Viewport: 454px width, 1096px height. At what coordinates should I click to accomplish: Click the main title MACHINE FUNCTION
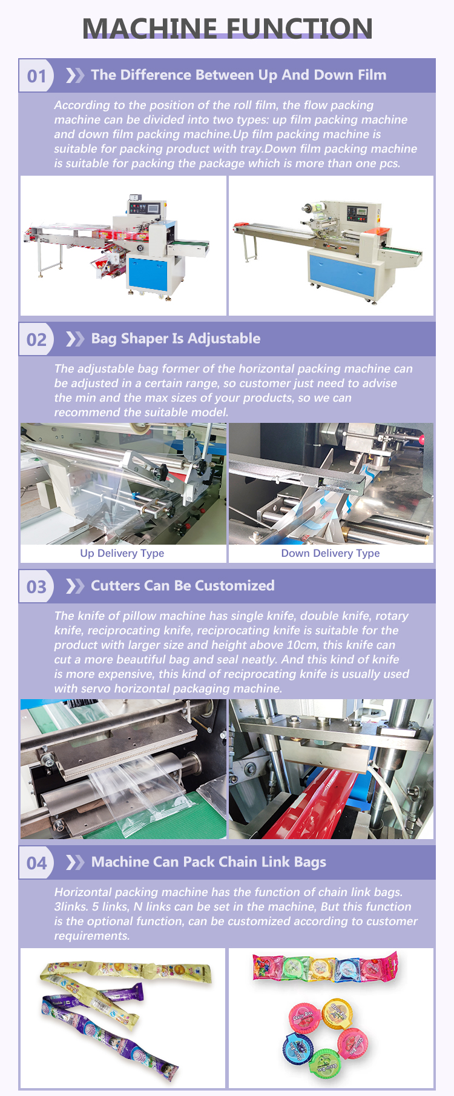pyautogui.click(x=227, y=28)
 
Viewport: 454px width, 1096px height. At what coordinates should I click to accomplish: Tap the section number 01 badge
pyautogui.click(x=36, y=76)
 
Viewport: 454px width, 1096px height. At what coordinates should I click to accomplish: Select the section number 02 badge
pyautogui.click(x=36, y=339)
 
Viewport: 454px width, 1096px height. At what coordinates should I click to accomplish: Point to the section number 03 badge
pyautogui.click(x=36, y=586)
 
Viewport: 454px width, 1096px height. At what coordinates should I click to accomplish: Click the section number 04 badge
pyautogui.click(x=36, y=863)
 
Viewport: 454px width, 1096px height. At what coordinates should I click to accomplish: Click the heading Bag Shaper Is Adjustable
pyautogui.click(x=176, y=339)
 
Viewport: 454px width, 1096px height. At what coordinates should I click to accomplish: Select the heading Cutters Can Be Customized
pyautogui.click(x=183, y=586)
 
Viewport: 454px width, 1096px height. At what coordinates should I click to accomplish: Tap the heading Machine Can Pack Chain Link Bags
pyautogui.click(x=209, y=862)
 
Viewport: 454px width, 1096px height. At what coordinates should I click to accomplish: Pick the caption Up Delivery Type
pyautogui.click(x=122, y=553)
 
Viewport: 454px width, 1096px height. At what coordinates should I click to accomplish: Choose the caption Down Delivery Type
pyautogui.click(x=331, y=553)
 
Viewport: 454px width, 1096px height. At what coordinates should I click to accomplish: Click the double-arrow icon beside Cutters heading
pyautogui.click(x=75, y=586)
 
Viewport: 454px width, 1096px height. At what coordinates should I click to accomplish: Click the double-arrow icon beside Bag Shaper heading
pyautogui.click(x=75, y=339)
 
